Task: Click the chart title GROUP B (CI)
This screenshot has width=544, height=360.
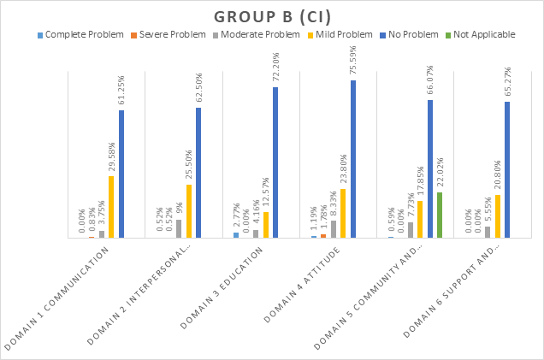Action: [x=271, y=16]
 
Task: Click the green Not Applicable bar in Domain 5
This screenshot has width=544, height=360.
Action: [x=439, y=215]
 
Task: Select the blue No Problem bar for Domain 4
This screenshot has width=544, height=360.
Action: [x=352, y=159]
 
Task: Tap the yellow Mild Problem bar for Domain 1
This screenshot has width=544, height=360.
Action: [x=111, y=206]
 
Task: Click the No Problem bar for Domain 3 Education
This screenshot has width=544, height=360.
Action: [x=275, y=162]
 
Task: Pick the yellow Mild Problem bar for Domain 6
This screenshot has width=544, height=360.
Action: [x=497, y=215]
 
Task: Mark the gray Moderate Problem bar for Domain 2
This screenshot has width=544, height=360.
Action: [x=179, y=228]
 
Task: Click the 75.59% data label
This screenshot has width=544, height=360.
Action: [x=353, y=62]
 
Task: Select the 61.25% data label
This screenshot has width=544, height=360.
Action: [x=121, y=91]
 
